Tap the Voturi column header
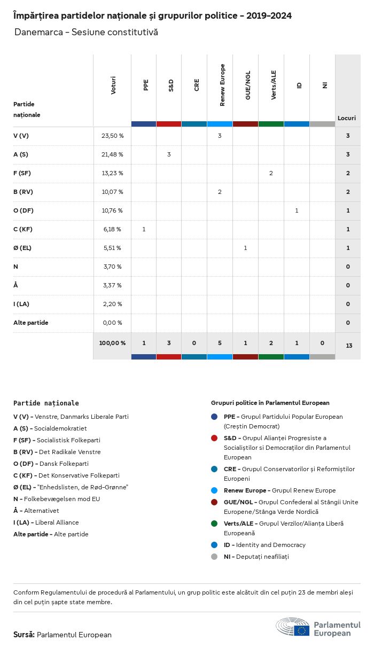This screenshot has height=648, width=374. [x=113, y=85]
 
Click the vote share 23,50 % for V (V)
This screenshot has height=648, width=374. [x=112, y=136]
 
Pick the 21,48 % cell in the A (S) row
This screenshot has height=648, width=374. [x=112, y=155]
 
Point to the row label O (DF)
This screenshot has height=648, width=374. [x=24, y=210]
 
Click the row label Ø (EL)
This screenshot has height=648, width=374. [x=23, y=248]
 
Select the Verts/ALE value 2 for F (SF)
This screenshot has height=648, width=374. [x=271, y=173]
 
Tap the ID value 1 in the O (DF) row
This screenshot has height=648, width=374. [x=297, y=210]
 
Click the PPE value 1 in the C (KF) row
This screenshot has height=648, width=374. [x=144, y=229]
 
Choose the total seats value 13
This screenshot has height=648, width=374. [x=348, y=346]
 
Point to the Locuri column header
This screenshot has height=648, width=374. [x=347, y=118]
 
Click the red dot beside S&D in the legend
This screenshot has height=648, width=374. [x=214, y=438]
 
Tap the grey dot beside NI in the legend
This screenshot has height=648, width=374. [x=214, y=557]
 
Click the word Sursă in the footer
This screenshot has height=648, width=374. [x=24, y=635]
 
